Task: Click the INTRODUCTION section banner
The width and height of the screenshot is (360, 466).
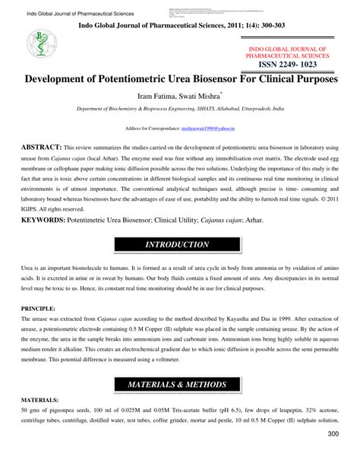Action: [180, 245]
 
